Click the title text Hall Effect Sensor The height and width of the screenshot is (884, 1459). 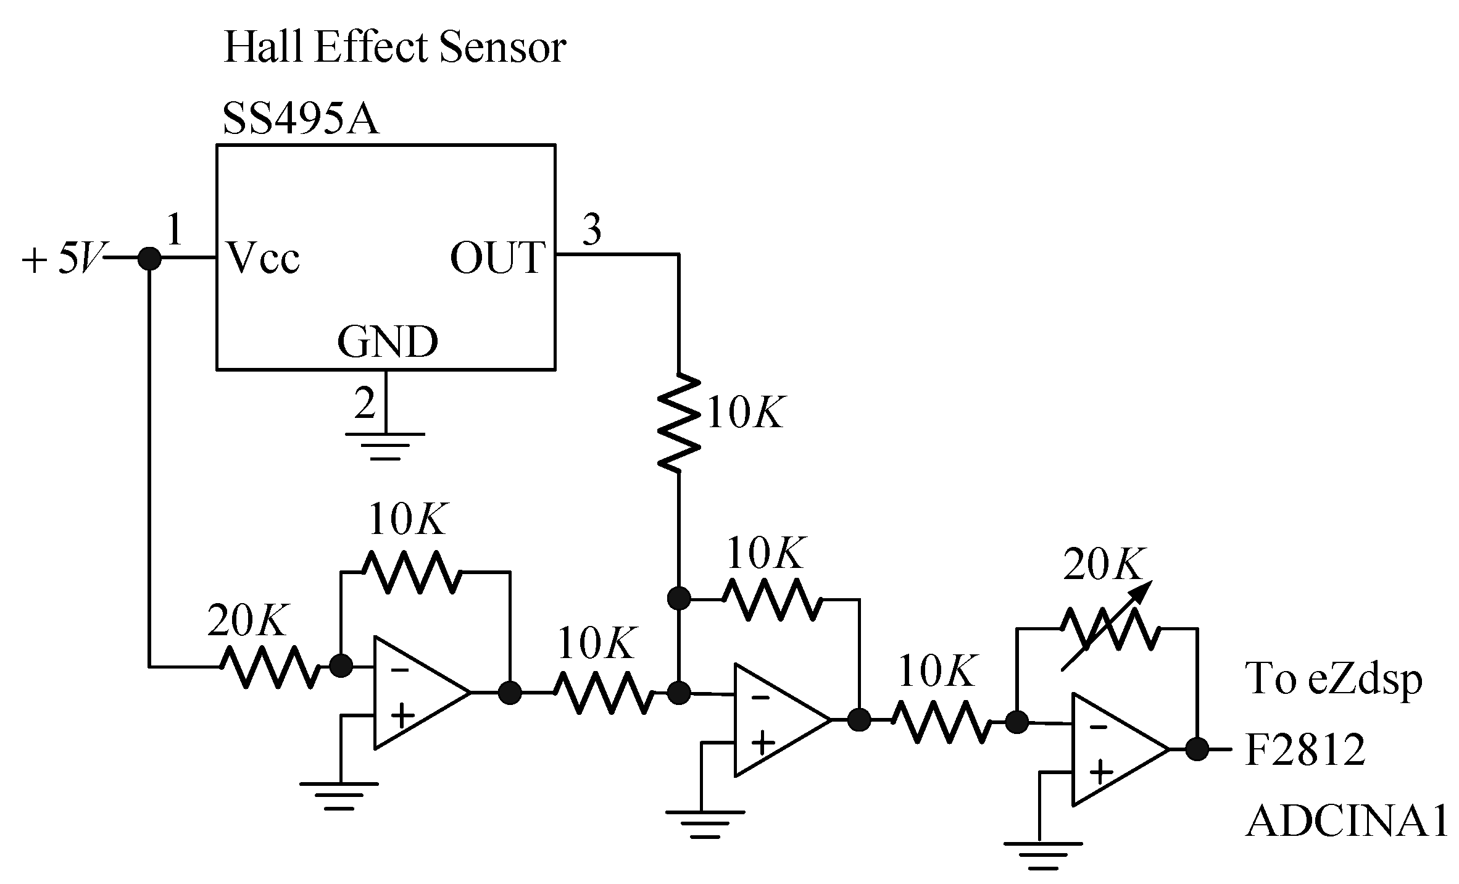click(394, 48)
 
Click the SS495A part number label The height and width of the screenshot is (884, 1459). click(301, 119)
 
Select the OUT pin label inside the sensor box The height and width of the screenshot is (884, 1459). click(497, 257)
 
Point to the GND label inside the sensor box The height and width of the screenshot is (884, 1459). click(388, 342)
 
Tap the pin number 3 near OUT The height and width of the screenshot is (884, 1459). click(592, 230)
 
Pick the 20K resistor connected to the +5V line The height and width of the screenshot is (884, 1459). click(270, 667)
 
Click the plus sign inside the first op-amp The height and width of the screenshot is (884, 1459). click(402, 717)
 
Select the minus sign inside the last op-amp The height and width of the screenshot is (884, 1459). click(1098, 727)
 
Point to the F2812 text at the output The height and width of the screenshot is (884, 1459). click(1305, 750)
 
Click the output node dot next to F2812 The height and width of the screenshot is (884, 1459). click(1197, 749)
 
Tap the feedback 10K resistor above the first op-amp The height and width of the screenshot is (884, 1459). click(410, 572)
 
